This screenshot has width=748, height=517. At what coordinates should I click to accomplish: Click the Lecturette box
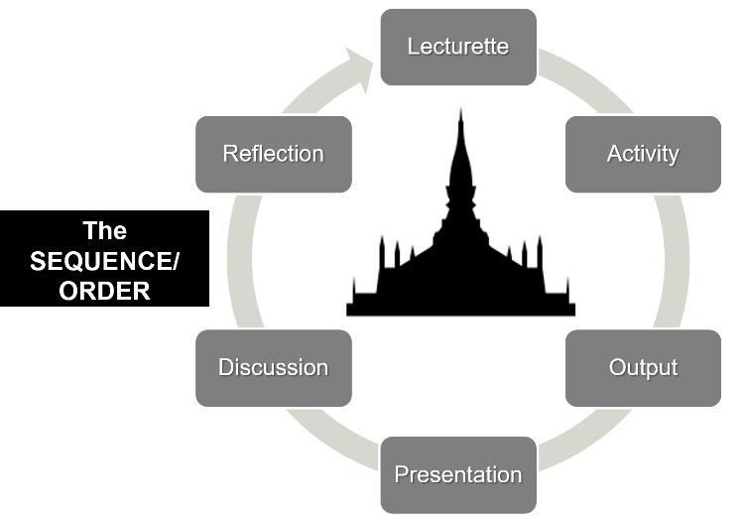pyautogui.click(x=458, y=47)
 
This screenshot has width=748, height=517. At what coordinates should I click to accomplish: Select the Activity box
pyautogui.click(x=643, y=154)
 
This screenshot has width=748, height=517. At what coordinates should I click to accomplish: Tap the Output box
pyautogui.click(x=643, y=367)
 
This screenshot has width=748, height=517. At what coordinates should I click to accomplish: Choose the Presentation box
pyautogui.click(x=458, y=474)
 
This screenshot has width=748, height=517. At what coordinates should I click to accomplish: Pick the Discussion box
pyautogui.click(x=273, y=367)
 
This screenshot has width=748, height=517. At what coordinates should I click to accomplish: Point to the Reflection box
pyautogui.click(x=273, y=154)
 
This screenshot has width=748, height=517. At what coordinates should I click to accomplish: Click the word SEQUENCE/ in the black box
pyautogui.click(x=105, y=262)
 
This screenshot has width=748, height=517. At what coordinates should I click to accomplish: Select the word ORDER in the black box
pyautogui.click(x=105, y=291)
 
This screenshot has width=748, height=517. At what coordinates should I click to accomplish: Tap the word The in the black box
pyautogui.click(x=105, y=231)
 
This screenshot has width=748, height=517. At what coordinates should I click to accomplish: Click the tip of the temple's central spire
pyautogui.click(x=460, y=110)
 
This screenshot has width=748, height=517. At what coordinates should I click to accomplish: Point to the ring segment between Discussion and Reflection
pyautogui.click(x=237, y=260)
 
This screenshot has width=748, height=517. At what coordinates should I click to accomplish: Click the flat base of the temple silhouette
pyautogui.click(x=460, y=310)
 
